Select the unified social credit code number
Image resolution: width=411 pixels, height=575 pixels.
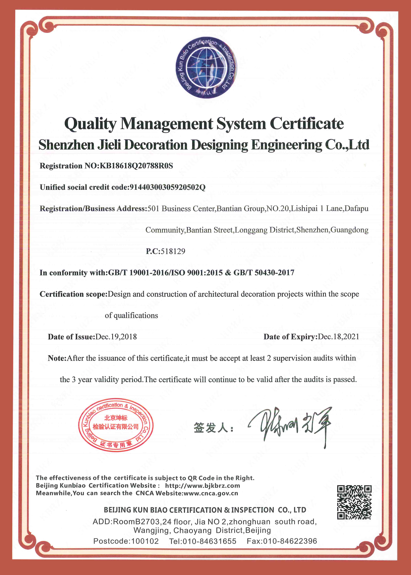(168, 187)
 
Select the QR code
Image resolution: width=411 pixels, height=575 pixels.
(354, 502)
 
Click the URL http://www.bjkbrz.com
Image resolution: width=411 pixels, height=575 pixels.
(202, 486)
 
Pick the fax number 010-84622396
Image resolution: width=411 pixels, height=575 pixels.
(290, 541)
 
